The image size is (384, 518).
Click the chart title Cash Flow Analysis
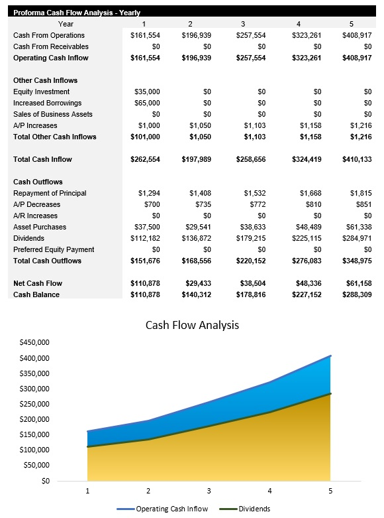tap(192, 325)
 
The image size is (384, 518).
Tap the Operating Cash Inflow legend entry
tap(171, 509)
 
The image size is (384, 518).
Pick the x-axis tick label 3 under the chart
tap(209, 491)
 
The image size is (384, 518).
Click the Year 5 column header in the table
tap(352, 24)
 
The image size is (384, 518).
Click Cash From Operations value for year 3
tap(250, 35)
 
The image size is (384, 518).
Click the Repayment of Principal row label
tap(50, 193)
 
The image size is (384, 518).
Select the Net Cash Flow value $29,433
tap(196, 283)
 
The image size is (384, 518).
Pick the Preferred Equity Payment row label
tap(54, 249)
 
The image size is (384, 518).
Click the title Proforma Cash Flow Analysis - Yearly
tap(77, 13)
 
